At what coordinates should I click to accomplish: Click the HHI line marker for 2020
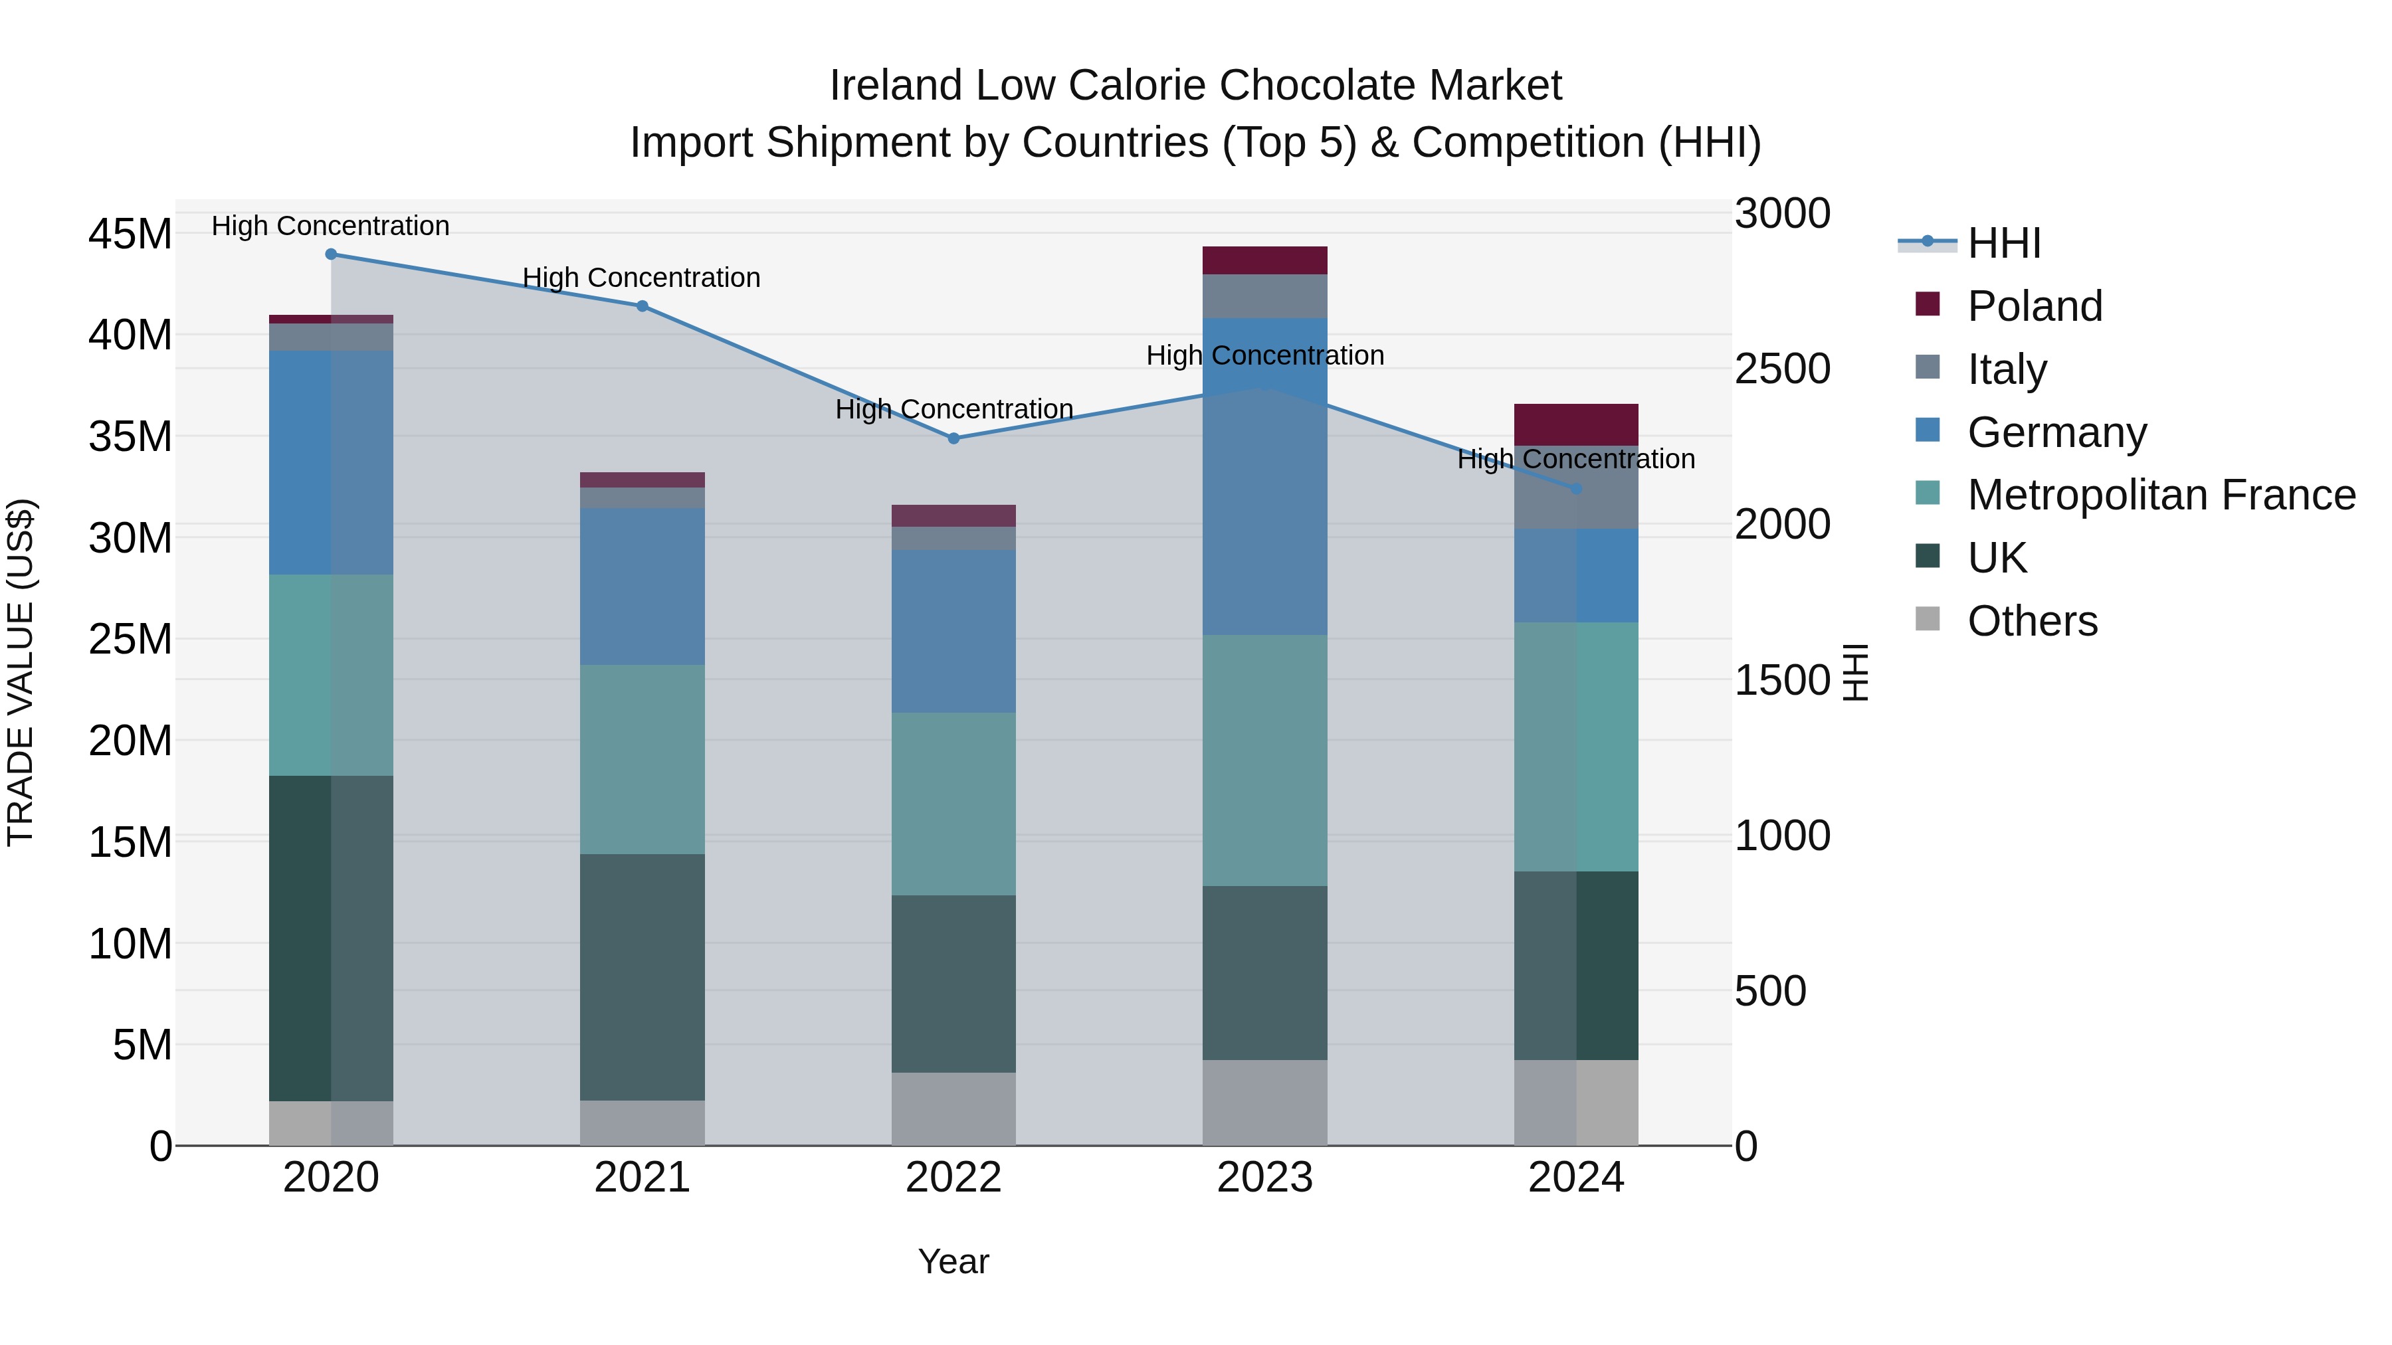tap(331, 254)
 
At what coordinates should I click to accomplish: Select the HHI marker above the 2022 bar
tap(953, 438)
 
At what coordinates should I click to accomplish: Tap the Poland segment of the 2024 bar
tap(1576, 424)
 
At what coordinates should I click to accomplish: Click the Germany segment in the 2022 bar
tap(953, 631)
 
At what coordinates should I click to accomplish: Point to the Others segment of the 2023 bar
tap(1264, 1103)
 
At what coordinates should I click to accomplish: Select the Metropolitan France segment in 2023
tap(1264, 761)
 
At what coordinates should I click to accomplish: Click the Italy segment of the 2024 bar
tap(1576, 501)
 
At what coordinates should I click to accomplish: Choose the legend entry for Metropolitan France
tap(2161, 495)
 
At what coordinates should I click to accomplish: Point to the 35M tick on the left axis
tap(130, 436)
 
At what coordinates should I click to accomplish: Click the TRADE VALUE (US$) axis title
tap(21, 672)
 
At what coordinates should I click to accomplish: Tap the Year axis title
tap(953, 1261)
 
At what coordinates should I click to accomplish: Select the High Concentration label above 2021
tap(642, 278)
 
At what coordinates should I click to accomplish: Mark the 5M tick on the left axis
tap(142, 1045)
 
